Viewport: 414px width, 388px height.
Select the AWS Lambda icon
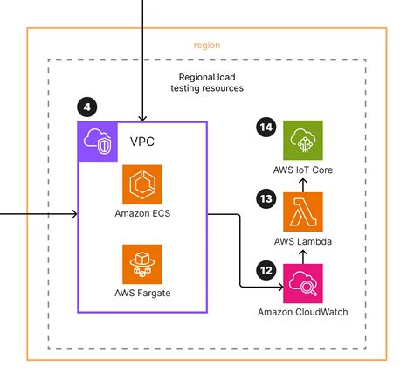(302, 212)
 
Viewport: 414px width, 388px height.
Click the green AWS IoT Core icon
(302, 141)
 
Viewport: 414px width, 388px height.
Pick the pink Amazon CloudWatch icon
(302, 283)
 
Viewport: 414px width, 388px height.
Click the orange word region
(207, 44)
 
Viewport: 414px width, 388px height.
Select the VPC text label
(141, 141)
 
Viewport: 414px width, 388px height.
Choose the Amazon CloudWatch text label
(302, 312)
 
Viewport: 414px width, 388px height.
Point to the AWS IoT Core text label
(302, 170)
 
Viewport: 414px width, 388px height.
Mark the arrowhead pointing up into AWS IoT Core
(302, 181)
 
